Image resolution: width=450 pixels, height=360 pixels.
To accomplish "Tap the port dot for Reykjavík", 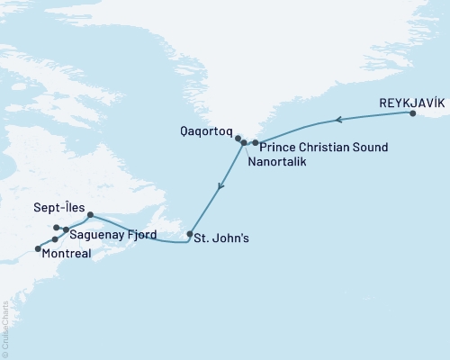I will (x=413, y=113).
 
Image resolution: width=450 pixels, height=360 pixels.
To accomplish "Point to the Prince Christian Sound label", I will (x=323, y=147).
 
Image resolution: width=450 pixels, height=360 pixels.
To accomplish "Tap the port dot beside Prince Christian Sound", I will (x=256, y=143).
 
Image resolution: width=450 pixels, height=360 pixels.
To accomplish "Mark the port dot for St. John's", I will (x=189, y=235).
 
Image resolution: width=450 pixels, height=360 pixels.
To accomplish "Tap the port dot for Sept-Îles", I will (x=91, y=214).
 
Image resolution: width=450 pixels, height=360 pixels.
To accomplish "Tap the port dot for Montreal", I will (x=37, y=248).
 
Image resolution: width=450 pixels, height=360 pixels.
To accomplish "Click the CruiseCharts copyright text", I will (x=5, y=329).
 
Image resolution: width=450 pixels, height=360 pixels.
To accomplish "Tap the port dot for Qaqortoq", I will (x=238, y=139).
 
